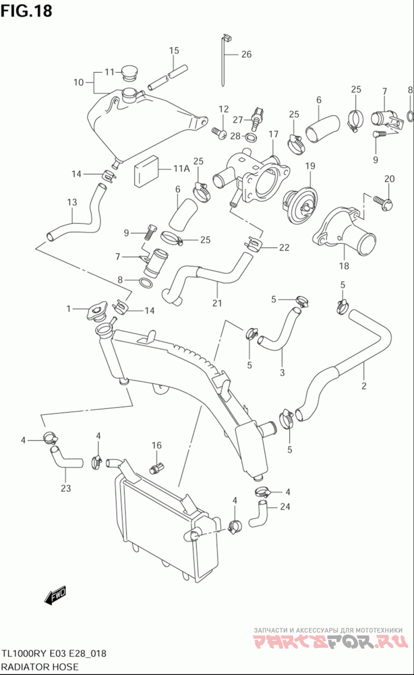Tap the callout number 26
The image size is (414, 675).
(246, 54)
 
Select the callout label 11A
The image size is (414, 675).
(181, 168)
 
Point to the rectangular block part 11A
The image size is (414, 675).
(146, 172)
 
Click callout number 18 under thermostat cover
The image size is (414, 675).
(344, 266)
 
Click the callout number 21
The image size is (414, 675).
(217, 303)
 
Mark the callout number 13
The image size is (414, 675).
(72, 202)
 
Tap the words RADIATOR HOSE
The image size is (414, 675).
(40, 666)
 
